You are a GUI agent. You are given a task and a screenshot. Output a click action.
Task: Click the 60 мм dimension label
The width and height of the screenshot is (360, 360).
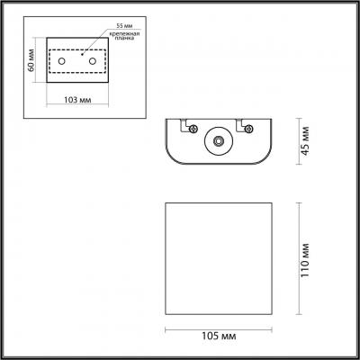click(x=31, y=61)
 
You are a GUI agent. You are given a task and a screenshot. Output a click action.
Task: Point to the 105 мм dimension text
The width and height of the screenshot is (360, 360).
click(x=216, y=337)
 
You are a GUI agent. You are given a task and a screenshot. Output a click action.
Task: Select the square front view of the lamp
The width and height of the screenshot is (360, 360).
click(x=216, y=257)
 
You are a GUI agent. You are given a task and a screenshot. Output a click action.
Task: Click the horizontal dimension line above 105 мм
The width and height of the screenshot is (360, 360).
click(x=216, y=324)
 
